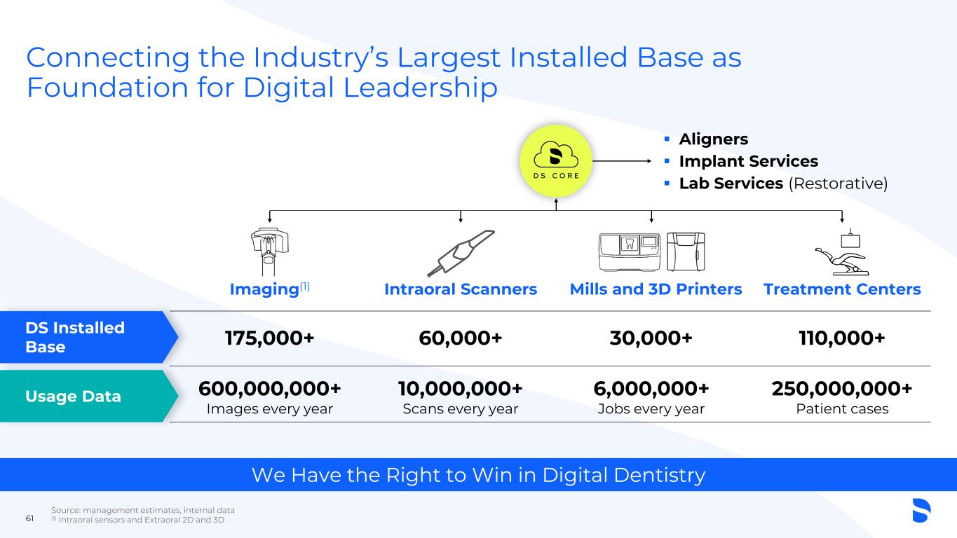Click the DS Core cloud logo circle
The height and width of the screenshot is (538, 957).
pyautogui.click(x=556, y=161)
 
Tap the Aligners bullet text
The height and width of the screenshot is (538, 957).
pyautogui.click(x=714, y=139)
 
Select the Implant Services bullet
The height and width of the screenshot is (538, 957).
pyautogui.click(x=749, y=161)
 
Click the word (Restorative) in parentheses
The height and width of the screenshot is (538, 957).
pyautogui.click(x=839, y=184)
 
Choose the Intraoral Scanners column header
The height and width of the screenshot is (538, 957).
pyautogui.click(x=461, y=289)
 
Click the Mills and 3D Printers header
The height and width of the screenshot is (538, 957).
pyautogui.click(x=656, y=289)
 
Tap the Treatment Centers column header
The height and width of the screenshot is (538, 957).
pyautogui.click(x=842, y=289)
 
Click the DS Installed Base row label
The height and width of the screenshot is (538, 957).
pyautogui.click(x=75, y=338)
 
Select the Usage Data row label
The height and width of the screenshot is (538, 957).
pyautogui.click(x=73, y=396)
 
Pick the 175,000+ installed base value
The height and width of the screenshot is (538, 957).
pyautogui.click(x=270, y=338)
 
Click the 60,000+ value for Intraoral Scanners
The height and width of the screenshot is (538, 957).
pyautogui.click(x=461, y=338)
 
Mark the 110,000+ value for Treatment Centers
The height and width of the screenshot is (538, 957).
pyautogui.click(x=842, y=338)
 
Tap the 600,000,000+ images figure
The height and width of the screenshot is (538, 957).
pyautogui.click(x=270, y=389)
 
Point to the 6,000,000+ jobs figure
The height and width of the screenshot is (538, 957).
pyautogui.click(x=651, y=389)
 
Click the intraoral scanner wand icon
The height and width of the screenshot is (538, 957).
pyautogui.click(x=461, y=253)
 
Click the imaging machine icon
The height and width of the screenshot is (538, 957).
pyautogui.click(x=270, y=252)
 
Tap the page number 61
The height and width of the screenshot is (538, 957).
pyautogui.click(x=29, y=518)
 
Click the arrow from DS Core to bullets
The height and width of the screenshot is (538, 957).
pyautogui.click(x=622, y=161)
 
